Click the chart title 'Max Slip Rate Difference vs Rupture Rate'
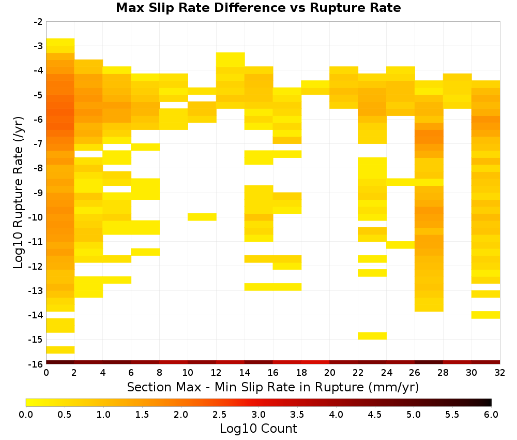258,8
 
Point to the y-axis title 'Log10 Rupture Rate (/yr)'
18,193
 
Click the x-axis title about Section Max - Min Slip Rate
272,387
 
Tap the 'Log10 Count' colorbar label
258,429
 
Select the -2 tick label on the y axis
38,22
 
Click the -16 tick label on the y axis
36,364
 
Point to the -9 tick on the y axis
38,193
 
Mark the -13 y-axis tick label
36,290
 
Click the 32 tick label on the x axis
500,373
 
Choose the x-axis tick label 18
301,373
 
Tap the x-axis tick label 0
46,373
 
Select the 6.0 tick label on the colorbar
491,414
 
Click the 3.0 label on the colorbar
258,414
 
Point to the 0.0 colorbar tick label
26,414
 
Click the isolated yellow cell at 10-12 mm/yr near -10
202,217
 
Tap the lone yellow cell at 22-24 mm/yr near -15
372,335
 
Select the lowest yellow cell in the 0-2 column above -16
60,350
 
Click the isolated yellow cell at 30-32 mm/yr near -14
485,315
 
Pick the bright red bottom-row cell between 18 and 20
315,362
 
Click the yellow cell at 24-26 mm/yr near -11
401,245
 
